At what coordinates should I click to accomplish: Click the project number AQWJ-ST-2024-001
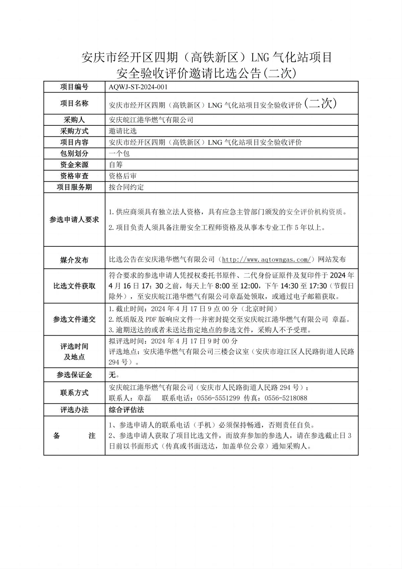tap(138, 87)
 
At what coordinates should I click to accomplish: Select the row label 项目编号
tap(74, 87)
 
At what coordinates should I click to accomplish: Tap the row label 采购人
tap(74, 120)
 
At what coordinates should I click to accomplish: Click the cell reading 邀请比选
tap(123, 131)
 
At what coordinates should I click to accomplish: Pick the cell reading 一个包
tap(119, 154)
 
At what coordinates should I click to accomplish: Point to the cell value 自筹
tap(116, 165)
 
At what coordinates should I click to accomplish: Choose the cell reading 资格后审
tap(123, 176)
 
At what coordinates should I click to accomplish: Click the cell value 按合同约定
tap(126, 187)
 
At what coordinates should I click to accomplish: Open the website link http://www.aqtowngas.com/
tap(268, 260)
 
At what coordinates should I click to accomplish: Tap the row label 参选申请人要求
tap(74, 220)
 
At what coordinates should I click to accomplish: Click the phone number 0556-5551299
tap(218, 398)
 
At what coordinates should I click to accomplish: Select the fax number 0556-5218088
tap(286, 398)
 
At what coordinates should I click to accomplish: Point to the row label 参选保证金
tap(74, 375)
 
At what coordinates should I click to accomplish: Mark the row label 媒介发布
tap(74, 260)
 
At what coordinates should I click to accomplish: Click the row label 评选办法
tap(74, 410)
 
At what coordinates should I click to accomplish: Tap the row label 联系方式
tap(74, 393)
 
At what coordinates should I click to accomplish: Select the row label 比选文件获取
tap(74, 286)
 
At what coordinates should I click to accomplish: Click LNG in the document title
tap(260, 58)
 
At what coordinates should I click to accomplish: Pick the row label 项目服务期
tap(74, 187)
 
